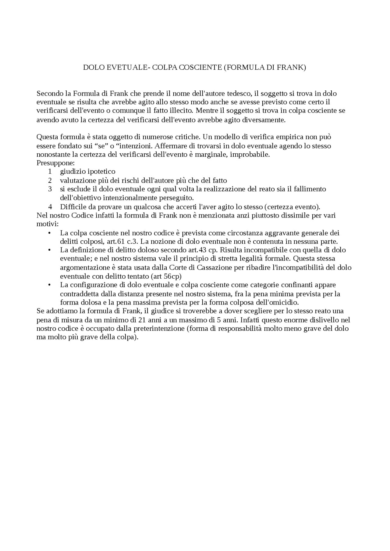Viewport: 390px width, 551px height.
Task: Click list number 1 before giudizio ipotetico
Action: click(50, 172)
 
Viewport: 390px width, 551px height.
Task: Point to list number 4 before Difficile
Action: click(50, 207)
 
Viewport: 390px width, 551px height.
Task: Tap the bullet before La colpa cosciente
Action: click(49, 233)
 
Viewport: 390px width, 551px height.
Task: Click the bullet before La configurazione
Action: click(49, 285)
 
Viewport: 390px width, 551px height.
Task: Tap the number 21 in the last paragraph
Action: click(142, 320)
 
